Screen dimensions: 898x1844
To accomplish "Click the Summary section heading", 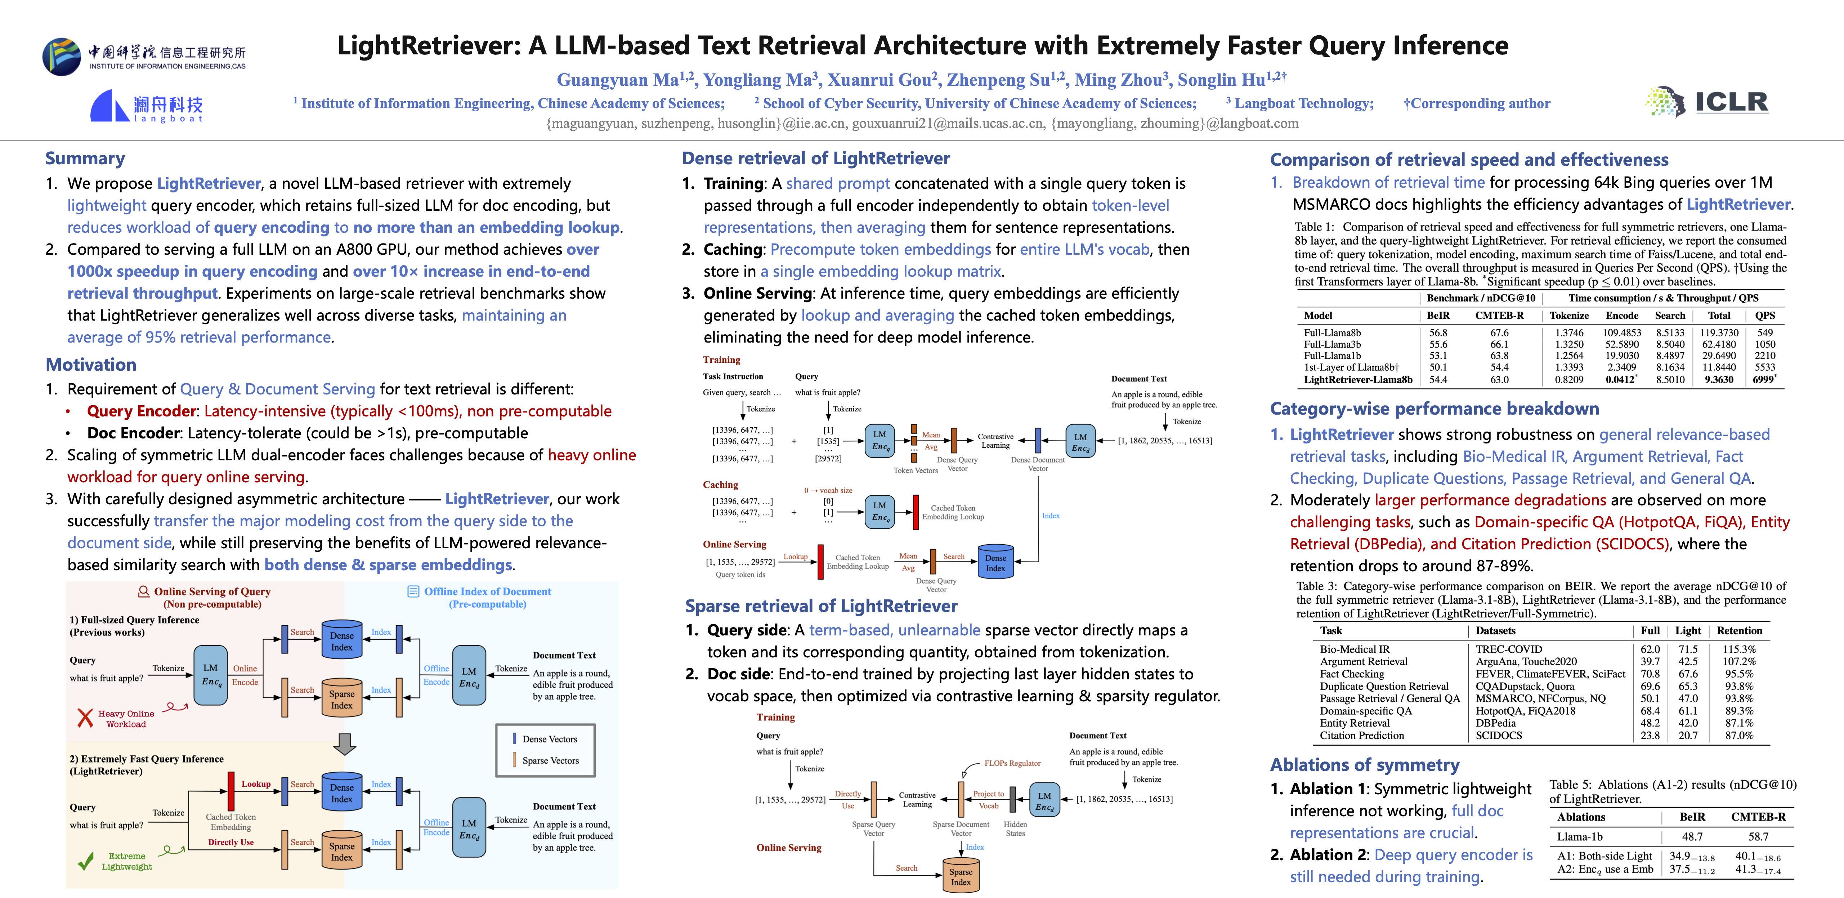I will pyautogui.click(x=85, y=158).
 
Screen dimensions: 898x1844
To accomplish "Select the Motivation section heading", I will pyautogui.click(x=91, y=365).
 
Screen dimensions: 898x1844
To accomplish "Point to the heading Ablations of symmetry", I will pyautogui.click(x=1364, y=765).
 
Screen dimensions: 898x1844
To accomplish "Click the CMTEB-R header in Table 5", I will pyautogui.click(x=1758, y=817).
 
